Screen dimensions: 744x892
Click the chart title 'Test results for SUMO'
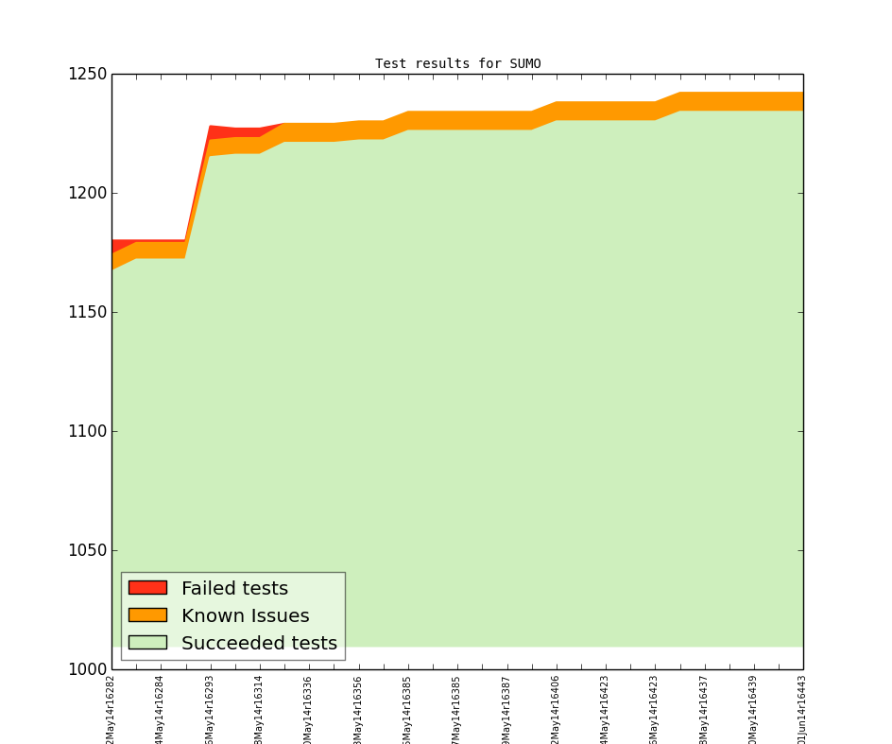[x=457, y=64]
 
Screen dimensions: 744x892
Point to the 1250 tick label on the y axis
[x=87, y=75]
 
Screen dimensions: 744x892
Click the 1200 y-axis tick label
[x=87, y=194]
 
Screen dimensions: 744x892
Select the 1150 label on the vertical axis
[x=87, y=313]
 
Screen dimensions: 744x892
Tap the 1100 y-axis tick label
[x=87, y=432]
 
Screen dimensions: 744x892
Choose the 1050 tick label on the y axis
[x=87, y=551]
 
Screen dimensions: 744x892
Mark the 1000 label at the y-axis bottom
[x=87, y=669]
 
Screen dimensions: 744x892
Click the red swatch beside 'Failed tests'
[x=147, y=588]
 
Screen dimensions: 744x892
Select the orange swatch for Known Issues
[x=147, y=615]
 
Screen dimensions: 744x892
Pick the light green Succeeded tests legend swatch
[x=147, y=643]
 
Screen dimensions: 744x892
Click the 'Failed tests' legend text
[x=234, y=589]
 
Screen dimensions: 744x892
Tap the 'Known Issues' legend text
[x=245, y=616]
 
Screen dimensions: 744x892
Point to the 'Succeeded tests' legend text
[x=259, y=644]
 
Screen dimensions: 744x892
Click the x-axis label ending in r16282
[x=111, y=709]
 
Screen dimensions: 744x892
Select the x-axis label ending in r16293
[x=210, y=709]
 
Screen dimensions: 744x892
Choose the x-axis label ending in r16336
[x=309, y=709]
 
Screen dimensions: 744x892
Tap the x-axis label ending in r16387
[x=506, y=709]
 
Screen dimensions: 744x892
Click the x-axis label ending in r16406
[x=556, y=709]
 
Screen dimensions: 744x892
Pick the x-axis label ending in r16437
[x=704, y=709]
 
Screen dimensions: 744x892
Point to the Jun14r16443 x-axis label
[x=802, y=709]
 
